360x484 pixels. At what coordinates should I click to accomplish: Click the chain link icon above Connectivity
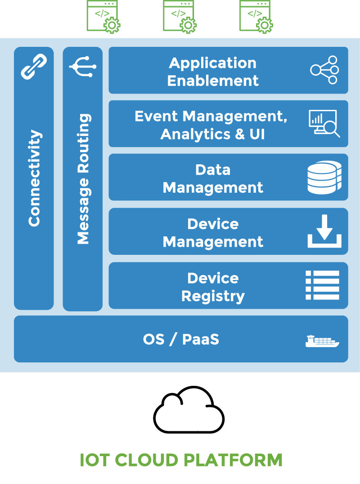pos(34,66)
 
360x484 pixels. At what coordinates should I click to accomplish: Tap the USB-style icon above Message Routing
pos(83,67)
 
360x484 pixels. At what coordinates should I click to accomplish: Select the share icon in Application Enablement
pos(324,70)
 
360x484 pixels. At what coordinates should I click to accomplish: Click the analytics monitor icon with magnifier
pos(324,123)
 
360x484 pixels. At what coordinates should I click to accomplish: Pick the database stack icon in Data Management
pos(324,177)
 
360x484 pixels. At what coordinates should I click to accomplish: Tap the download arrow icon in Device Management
pos(324,231)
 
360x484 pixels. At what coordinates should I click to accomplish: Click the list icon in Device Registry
pos(323,285)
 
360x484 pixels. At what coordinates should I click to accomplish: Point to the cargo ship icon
pos(322,341)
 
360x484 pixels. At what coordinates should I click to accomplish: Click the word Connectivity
pos(34,178)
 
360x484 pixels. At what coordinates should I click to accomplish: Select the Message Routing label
pos(83,179)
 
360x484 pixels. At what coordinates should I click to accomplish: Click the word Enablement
pos(213,81)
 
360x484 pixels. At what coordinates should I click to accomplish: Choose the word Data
pos(213,170)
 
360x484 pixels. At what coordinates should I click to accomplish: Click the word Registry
pos(213,296)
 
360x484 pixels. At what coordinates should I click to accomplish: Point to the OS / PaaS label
pos(181,339)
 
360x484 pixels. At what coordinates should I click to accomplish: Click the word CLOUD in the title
pos(146,460)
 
